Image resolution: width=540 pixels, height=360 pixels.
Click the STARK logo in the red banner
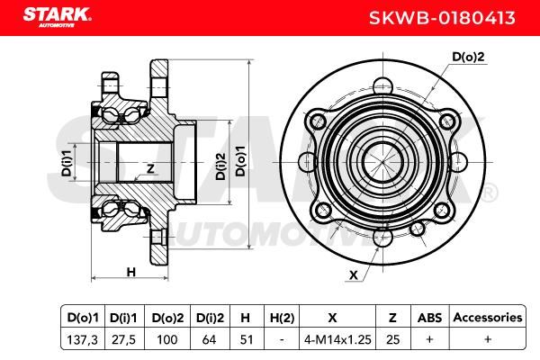(58, 17)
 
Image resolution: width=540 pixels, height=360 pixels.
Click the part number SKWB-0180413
(442, 18)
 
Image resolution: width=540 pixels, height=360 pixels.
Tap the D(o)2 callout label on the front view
(468, 57)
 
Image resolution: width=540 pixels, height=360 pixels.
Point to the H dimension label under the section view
(131, 272)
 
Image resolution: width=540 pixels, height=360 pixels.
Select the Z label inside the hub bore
(150, 169)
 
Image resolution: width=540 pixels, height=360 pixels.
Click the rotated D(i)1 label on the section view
(67, 163)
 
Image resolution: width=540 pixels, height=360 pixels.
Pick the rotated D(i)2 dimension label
(220, 166)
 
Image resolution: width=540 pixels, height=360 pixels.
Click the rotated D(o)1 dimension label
(240, 160)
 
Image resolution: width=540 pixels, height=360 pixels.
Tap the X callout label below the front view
(354, 275)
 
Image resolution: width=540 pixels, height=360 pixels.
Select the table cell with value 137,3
(83, 340)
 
